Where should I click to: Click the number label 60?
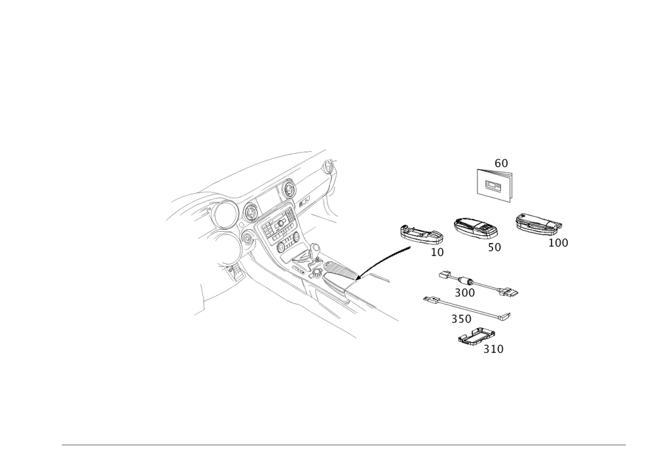click(x=501, y=162)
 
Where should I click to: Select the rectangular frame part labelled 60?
click(x=495, y=184)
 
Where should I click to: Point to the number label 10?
click(x=437, y=251)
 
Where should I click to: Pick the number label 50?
click(x=495, y=248)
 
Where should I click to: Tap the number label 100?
click(x=558, y=243)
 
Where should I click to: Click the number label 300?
click(x=464, y=292)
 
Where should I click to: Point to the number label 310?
click(x=493, y=349)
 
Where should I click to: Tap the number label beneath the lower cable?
click(x=461, y=319)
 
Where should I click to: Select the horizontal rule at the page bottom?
click(x=344, y=445)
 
